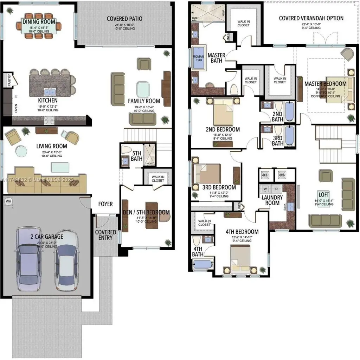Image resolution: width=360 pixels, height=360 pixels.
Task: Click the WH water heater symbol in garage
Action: click(x=8, y=201)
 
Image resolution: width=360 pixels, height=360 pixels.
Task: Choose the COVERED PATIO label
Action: click(x=125, y=19)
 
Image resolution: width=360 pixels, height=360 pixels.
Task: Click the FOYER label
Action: click(x=105, y=204)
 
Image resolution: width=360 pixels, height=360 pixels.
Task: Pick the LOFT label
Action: click(x=324, y=194)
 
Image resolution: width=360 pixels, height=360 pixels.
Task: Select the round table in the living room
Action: click(x=21, y=152)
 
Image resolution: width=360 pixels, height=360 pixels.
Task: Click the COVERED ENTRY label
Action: click(x=105, y=235)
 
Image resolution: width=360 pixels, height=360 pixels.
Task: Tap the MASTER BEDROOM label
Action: click(x=325, y=84)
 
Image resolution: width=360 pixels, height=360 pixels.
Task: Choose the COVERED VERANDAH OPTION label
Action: click(x=311, y=18)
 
